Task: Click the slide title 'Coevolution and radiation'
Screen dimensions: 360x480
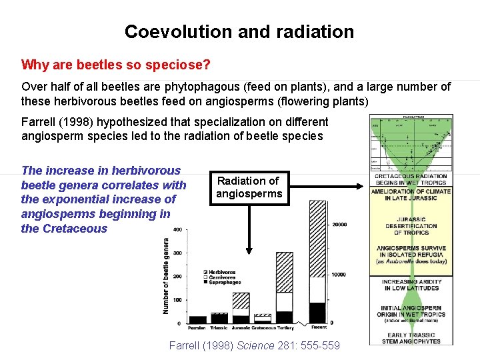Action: click(x=239, y=31)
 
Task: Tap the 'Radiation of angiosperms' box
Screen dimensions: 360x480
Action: click(x=249, y=187)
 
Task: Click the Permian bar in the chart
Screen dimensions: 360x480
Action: click(x=198, y=319)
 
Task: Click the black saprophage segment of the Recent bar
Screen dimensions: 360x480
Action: click(x=317, y=313)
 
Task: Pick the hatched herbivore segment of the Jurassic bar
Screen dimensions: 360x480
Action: click(x=241, y=300)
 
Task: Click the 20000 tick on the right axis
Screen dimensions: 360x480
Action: click(x=340, y=225)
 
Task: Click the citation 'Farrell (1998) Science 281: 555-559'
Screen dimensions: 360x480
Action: click(x=255, y=345)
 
